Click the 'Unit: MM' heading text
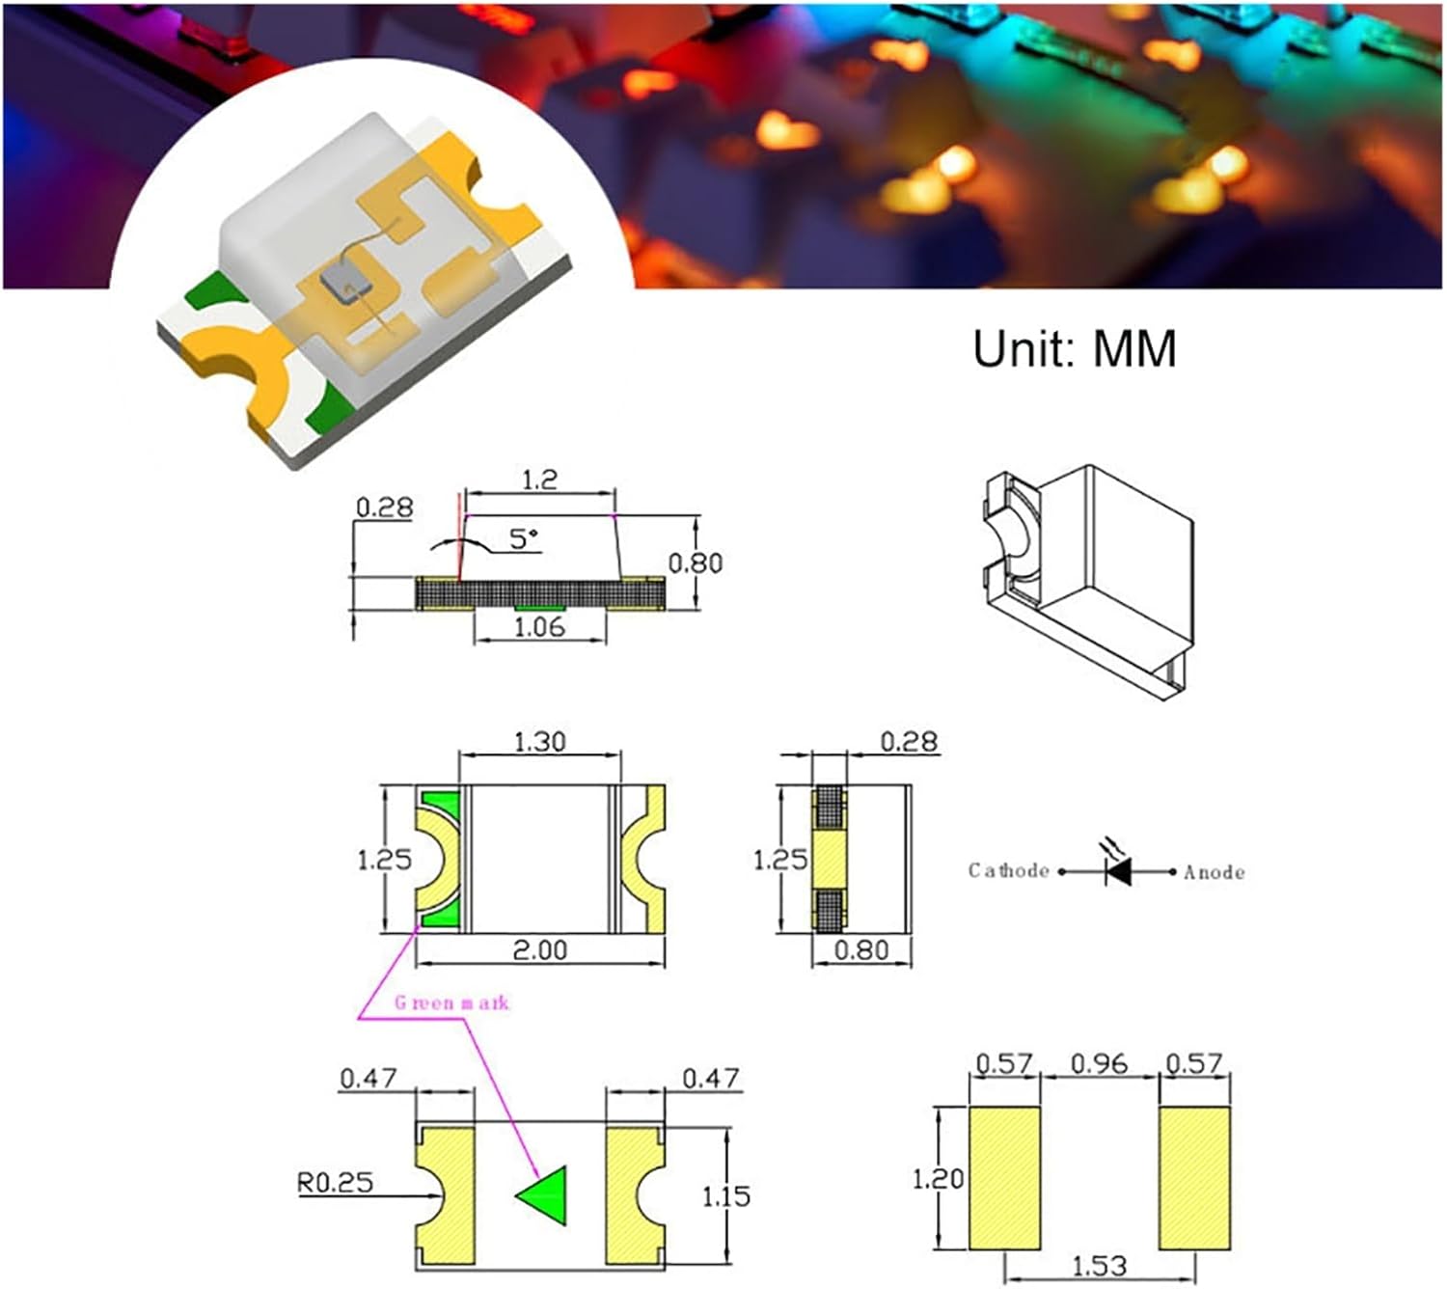(1074, 348)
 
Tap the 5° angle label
(524, 538)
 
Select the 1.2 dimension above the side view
(539, 480)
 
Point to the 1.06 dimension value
(539, 627)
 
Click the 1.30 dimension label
(539, 742)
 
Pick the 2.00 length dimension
(539, 950)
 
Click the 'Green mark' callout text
(451, 1003)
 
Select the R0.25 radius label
(335, 1183)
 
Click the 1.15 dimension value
(725, 1196)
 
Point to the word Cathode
(1008, 870)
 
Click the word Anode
(1214, 872)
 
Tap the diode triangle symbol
(1119, 872)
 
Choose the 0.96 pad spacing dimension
(1099, 1063)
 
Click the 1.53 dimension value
(1099, 1266)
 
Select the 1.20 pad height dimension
(938, 1178)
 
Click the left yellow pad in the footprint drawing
(1004, 1178)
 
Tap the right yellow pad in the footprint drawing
(1194, 1178)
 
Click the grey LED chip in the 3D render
(344, 280)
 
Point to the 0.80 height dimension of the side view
(695, 562)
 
